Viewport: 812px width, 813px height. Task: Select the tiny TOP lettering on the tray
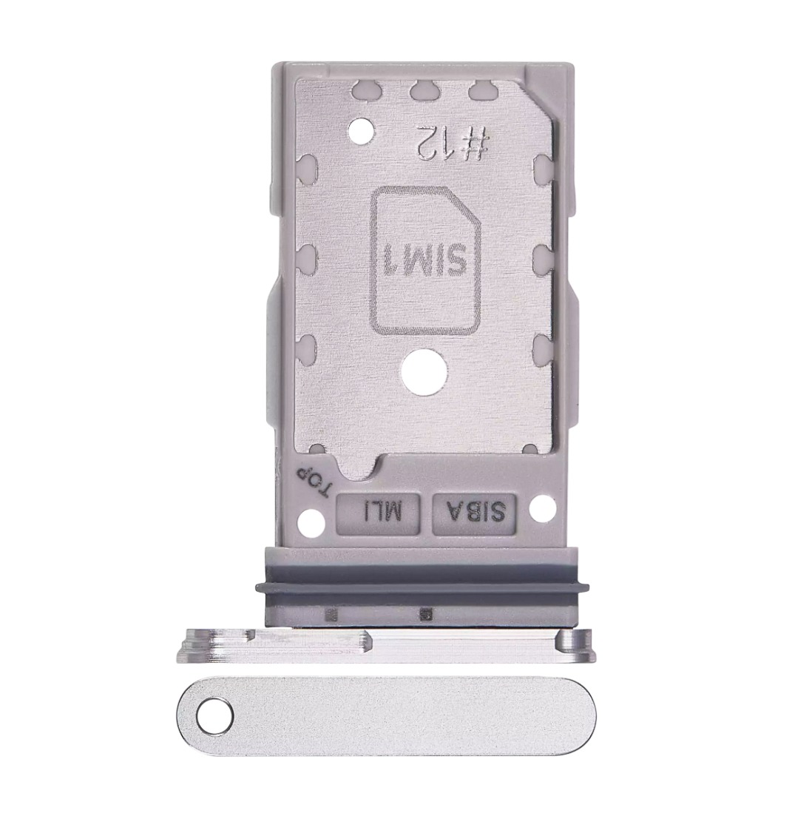coord(312,482)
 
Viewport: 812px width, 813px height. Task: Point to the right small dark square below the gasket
coord(424,613)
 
